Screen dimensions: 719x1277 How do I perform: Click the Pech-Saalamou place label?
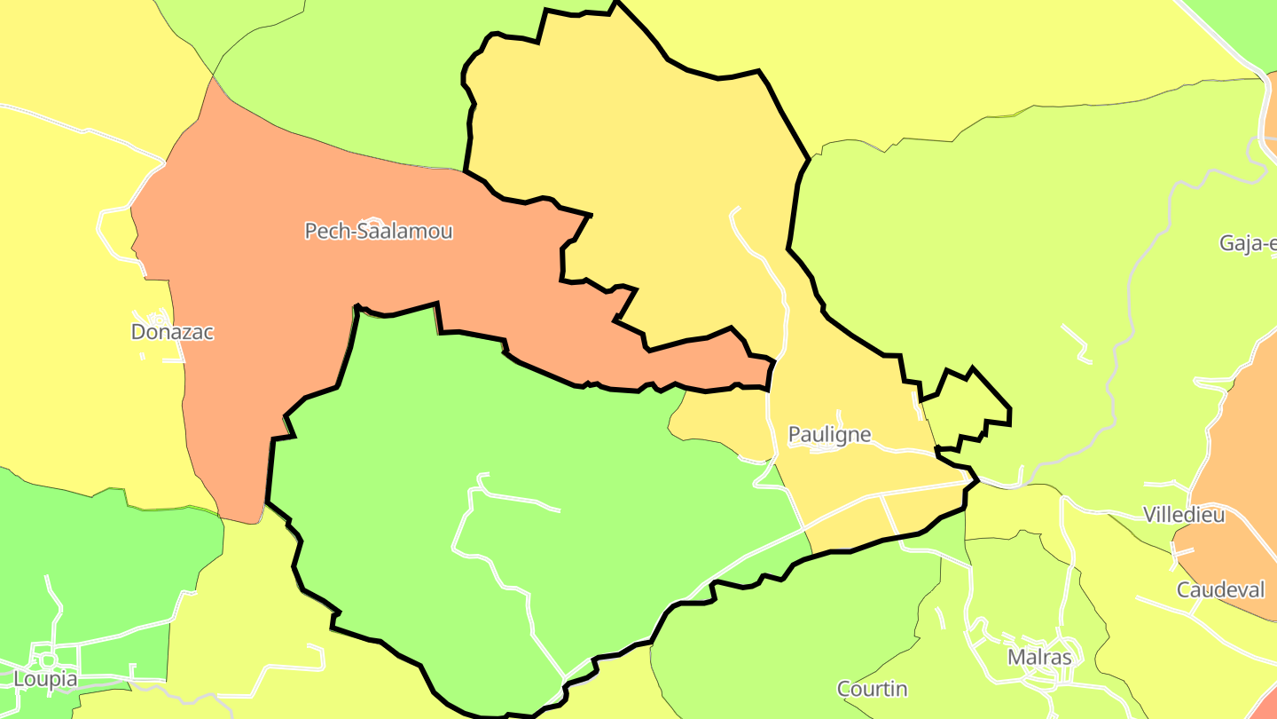pos(379,232)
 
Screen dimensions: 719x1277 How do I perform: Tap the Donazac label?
pos(172,332)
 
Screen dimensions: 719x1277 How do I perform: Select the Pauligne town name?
pos(829,435)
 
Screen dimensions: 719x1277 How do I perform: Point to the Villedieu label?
pos(1184,515)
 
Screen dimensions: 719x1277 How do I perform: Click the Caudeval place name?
pos(1220,589)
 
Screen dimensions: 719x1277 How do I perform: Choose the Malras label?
pos(1039,658)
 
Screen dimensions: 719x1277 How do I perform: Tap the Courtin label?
pos(872,689)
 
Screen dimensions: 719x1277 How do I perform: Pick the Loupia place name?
pos(45,680)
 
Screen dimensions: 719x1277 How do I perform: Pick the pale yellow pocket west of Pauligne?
pos(718,422)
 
